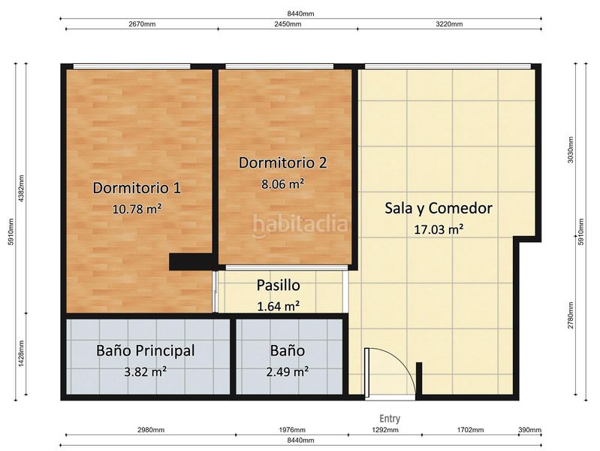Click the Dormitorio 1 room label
137,187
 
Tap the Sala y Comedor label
438,208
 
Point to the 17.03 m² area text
438,230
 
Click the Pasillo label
278,286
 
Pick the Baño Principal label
146,350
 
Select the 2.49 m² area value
288,371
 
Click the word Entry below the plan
390,419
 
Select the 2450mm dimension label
286,23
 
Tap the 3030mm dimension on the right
571,150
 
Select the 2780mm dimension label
571,316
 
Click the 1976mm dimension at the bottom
291,430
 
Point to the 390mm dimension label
529,430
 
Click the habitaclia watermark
300,224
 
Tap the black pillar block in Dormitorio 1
192,262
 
